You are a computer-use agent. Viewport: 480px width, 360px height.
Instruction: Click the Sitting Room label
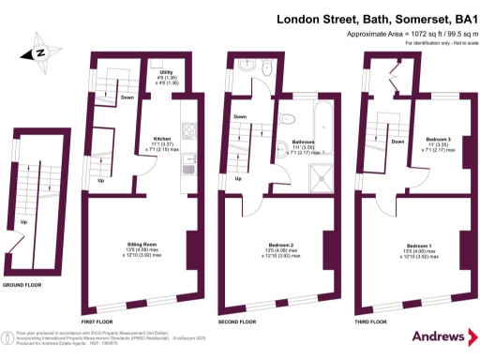tap(142, 245)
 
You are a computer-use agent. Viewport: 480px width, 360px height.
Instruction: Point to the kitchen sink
tap(187, 164)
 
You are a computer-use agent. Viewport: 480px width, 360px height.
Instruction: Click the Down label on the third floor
tap(397, 142)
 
